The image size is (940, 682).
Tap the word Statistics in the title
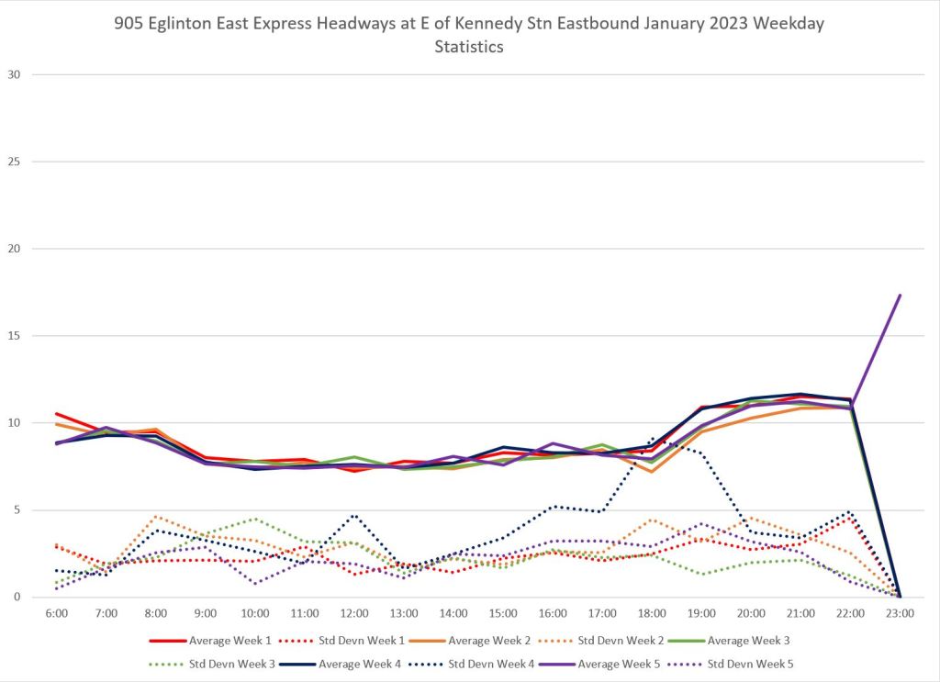pos(469,48)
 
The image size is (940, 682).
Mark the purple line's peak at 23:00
pos(900,296)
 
